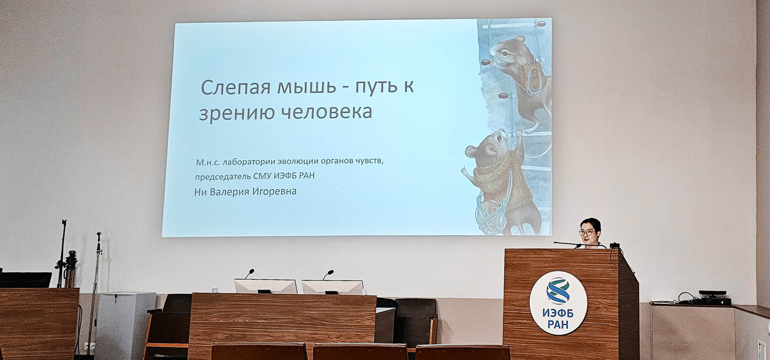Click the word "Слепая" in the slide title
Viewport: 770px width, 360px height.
tap(236, 87)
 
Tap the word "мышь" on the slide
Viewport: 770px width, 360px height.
tap(306, 87)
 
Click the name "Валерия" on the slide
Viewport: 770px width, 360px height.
tap(229, 192)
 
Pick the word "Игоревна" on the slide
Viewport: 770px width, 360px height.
tap(274, 191)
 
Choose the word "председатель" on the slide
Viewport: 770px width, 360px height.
tap(223, 176)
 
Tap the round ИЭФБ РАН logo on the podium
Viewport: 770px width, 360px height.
tap(559, 302)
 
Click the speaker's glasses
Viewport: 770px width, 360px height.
tap(587, 233)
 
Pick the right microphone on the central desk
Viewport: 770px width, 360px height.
tap(329, 274)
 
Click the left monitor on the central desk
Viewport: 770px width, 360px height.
tap(265, 287)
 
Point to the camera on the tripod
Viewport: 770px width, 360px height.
tap(70, 261)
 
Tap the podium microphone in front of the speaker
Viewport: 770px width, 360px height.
tap(567, 244)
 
